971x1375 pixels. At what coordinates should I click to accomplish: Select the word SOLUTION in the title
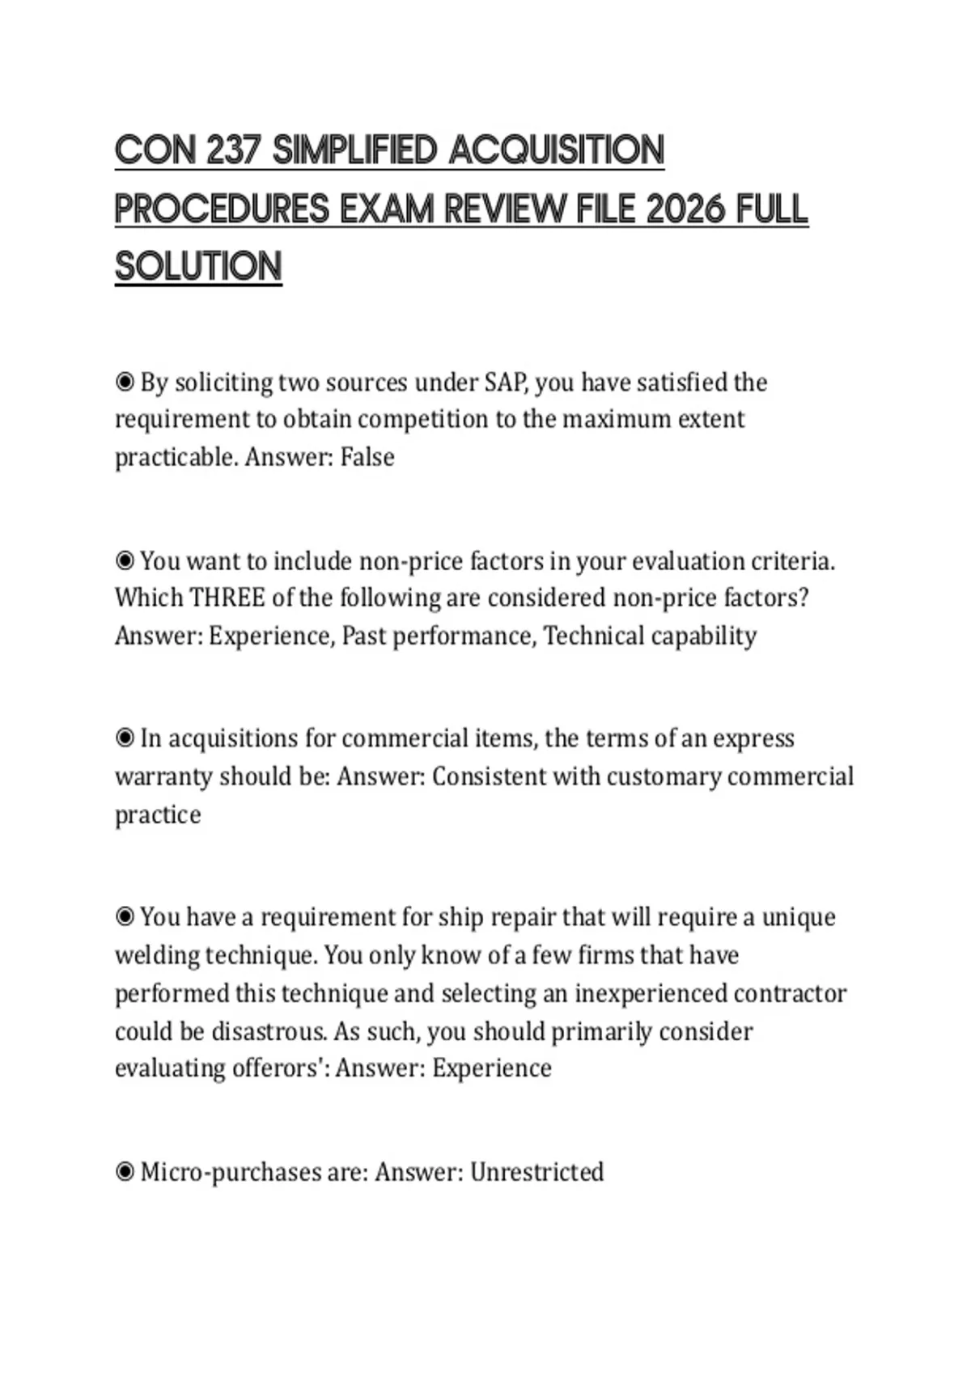click(x=198, y=267)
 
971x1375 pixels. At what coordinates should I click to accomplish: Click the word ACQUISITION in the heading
click(x=556, y=150)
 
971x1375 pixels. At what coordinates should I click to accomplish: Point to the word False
click(x=367, y=457)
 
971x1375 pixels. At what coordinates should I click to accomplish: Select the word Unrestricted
click(x=536, y=1172)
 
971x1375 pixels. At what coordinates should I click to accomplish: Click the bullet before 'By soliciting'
click(x=125, y=382)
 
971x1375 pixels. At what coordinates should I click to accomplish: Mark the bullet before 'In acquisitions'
click(x=125, y=738)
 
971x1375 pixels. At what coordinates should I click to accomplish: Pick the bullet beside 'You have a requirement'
click(x=125, y=917)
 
